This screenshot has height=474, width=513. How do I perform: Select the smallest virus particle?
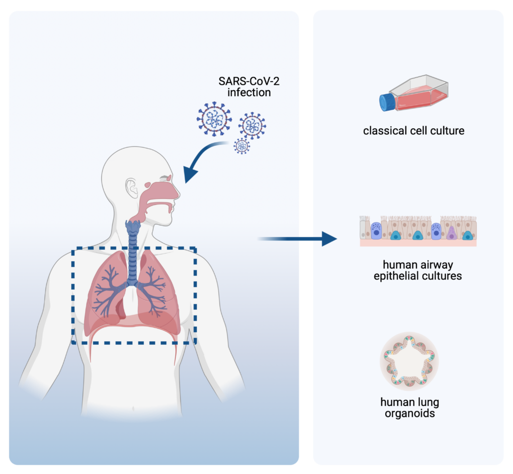click(242, 146)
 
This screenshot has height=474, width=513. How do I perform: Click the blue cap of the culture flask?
click(387, 102)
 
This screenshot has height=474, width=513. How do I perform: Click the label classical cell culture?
click(414, 131)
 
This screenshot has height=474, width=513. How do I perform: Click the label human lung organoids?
click(409, 408)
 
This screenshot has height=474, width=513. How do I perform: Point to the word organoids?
click(409, 414)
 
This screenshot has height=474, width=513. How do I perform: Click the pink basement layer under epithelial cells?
click(418, 243)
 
